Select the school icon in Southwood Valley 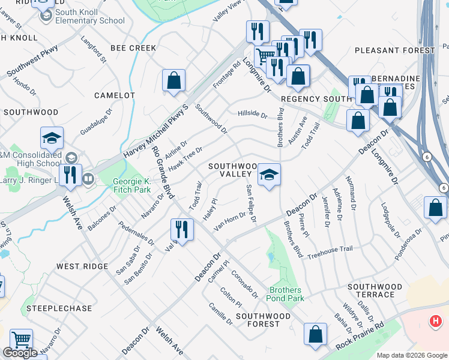tap(269, 175)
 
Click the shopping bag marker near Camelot tap(173, 81)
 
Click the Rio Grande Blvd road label tap(163, 173)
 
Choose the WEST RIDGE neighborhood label tap(82, 266)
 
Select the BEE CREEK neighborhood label tap(133, 48)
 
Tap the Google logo tap(20, 353)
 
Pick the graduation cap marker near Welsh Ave tap(52, 139)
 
